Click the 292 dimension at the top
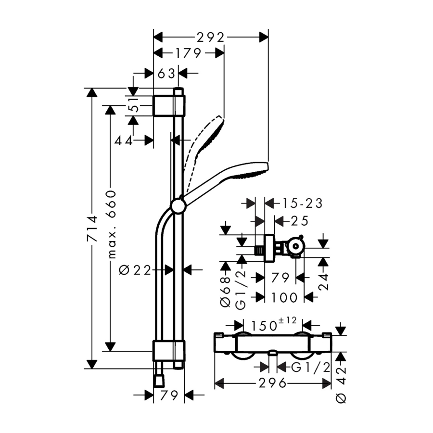tap(210, 38)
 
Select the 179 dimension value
tap(188, 53)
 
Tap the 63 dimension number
tap(166, 74)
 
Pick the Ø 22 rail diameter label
tap(135, 270)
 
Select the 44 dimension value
tap(123, 141)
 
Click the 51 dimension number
tap(135, 105)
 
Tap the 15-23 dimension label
tap(302, 204)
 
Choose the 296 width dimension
tap(272, 383)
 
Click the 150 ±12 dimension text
tap(273, 324)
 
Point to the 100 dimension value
tap(284, 297)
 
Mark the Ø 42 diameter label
tap(341, 384)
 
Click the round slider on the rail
tap(178, 206)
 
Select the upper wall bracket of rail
tap(169, 106)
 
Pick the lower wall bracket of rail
tap(169, 351)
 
